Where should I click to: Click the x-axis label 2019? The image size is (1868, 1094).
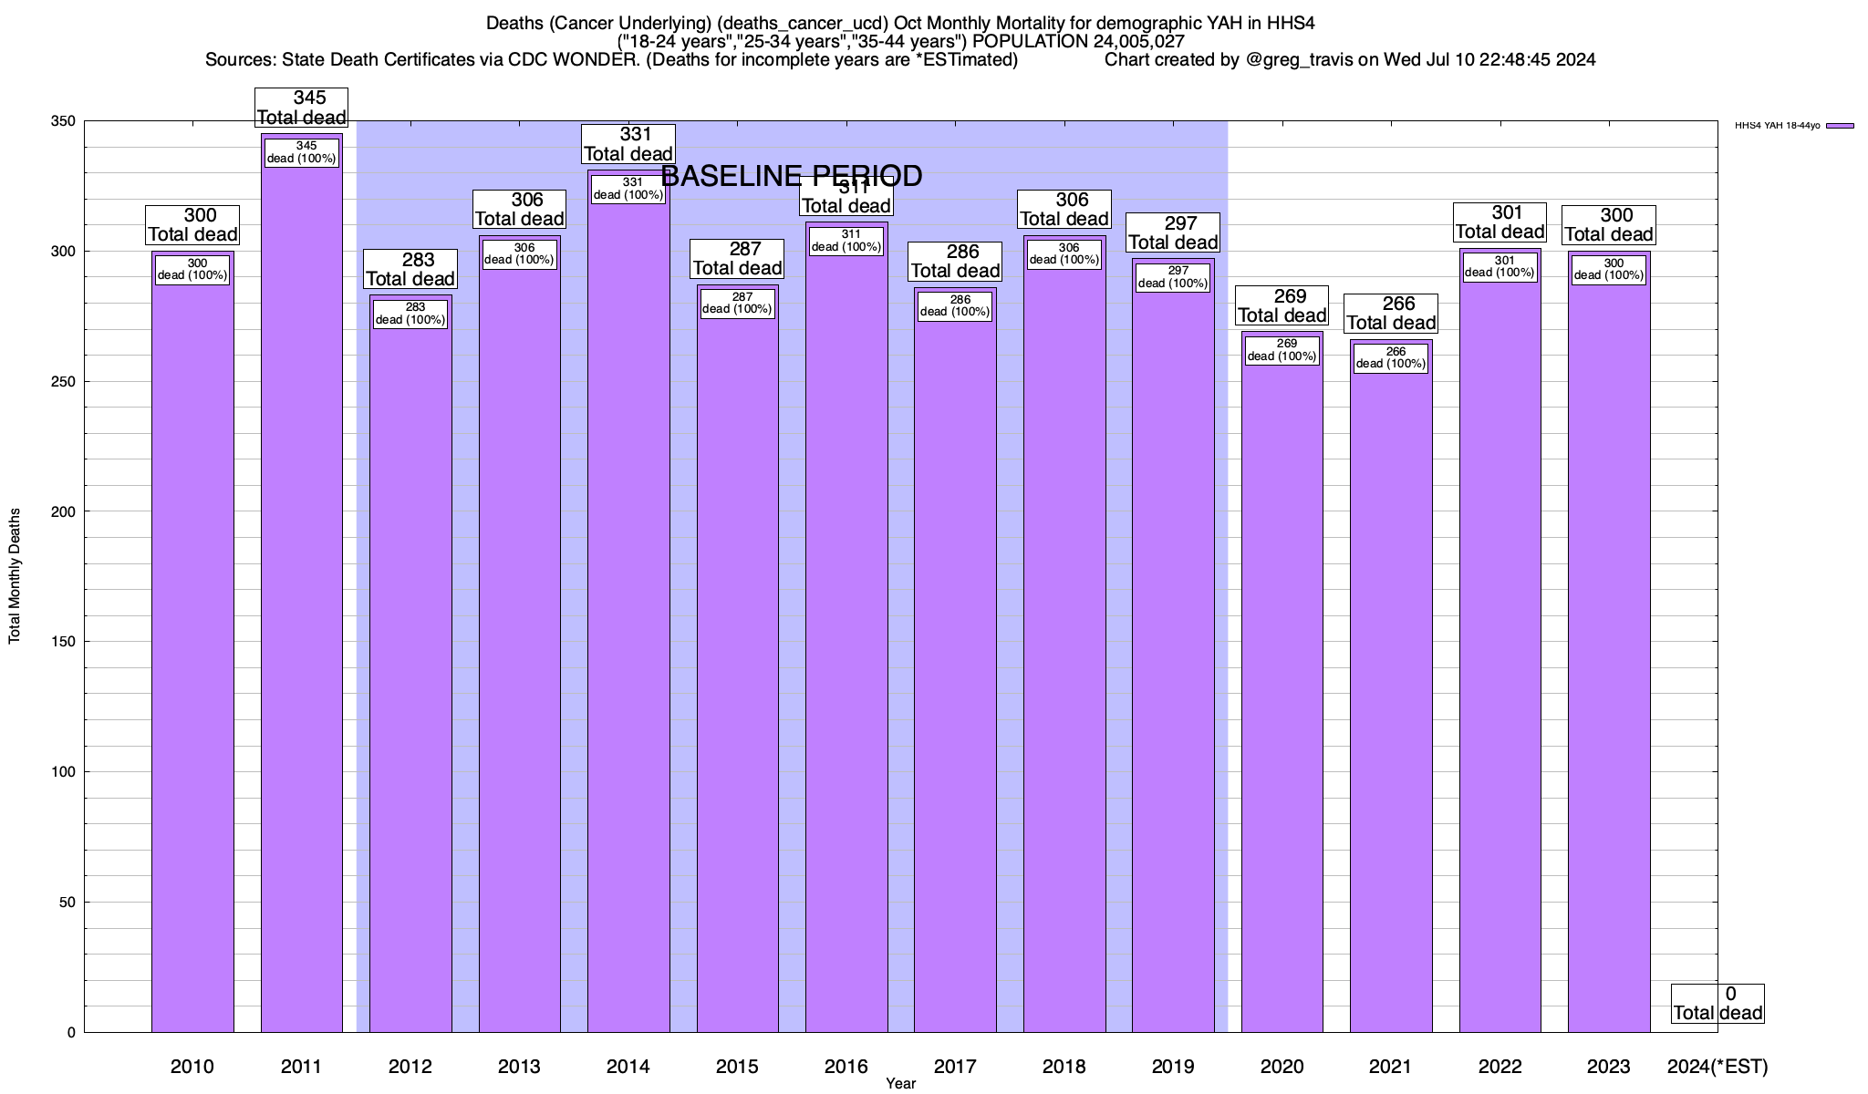pos(1173,1067)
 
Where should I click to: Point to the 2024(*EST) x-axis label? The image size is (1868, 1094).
pos(1717,1067)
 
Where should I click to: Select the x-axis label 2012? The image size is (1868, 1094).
pos(410,1067)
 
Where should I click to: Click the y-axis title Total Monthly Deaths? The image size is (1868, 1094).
pos(15,576)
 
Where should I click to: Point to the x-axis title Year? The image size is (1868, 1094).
pos(900,1084)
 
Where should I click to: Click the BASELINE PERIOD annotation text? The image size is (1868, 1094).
pos(791,176)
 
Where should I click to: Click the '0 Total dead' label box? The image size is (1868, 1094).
pos(1718,1004)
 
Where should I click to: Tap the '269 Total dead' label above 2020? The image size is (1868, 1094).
pos(1282,306)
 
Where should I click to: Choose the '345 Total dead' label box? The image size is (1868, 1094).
pos(302,108)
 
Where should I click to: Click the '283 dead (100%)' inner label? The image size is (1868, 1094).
pos(410,314)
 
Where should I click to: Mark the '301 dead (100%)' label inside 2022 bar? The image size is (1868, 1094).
pos(1500,266)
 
